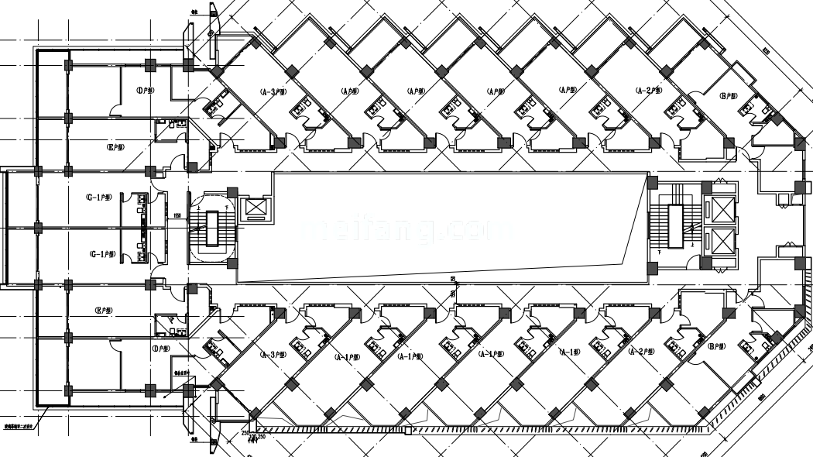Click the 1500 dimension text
(177, 216)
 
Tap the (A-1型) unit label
(570, 352)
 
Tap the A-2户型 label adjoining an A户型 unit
(648, 91)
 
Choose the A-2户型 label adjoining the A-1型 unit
(642, 351)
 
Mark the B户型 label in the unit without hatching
(727, 97)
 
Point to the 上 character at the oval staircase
(201, 208)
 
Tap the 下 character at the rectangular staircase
(657, 253)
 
